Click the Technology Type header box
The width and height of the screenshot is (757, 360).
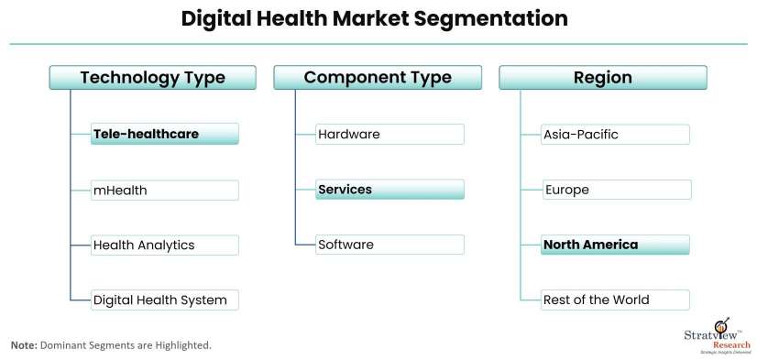tap(152, 78)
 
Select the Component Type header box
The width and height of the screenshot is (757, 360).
tap(378, 78)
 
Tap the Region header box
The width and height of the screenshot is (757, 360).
tap(602, 78)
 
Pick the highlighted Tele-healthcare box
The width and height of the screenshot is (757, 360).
tap(165, 135)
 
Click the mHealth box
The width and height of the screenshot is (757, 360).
tap(165, 191)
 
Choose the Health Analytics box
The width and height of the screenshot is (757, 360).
tap(165, 245)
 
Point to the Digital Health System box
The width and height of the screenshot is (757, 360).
tap(165, 300)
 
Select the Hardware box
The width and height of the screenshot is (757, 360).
tap(389, 135)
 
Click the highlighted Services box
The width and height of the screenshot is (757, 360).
tap(389, 190)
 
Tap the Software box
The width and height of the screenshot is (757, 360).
tap(389, 245)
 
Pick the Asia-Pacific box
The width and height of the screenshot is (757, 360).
tap(615, 135)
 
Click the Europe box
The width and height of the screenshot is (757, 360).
tap(616, 191)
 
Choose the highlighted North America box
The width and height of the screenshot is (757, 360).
tap(615, 245)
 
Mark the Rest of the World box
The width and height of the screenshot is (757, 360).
tap(615, 300)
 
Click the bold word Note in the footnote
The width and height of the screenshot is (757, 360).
tap(23, 345)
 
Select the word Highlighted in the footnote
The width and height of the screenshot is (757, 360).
tap(181, 345)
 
